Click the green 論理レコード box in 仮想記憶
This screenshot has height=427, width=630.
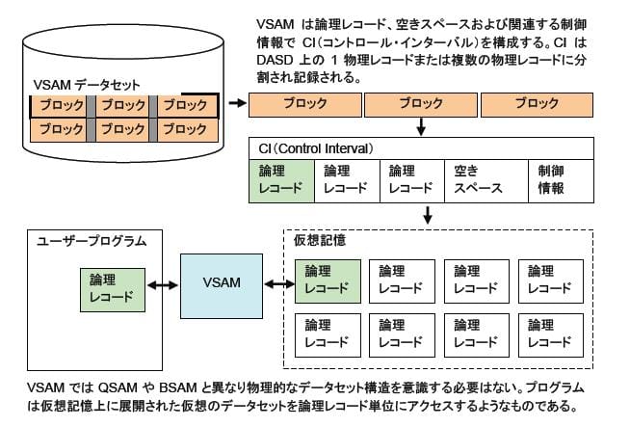click(x=328, y=280)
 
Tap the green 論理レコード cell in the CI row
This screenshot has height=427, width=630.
click(x=281, y=179)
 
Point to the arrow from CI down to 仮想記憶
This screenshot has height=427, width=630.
click(x=421, y=214)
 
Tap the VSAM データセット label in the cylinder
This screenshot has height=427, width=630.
click(x=78, y=85)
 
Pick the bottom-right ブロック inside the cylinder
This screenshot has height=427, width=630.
click(x=186, y=128)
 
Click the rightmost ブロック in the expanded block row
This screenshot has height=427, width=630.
click(x=536, y=103)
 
